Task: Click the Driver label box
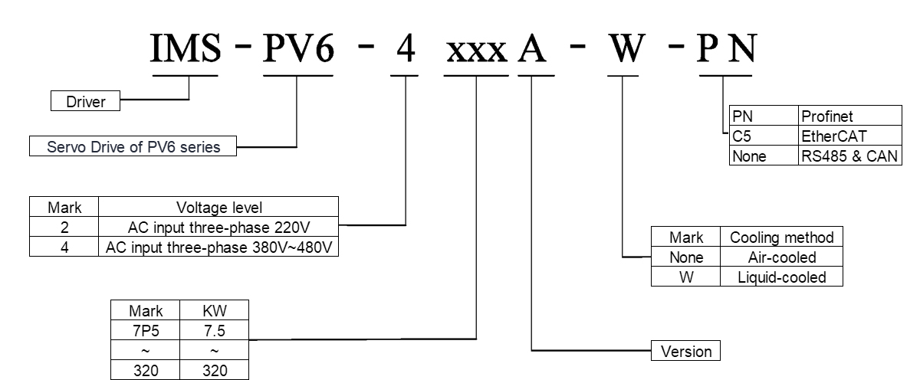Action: tap(85, 100)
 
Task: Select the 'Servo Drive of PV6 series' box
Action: tap(132, 146)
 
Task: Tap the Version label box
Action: tap(685, 352)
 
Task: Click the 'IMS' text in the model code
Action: tap(186, 51)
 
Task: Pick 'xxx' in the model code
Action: tap(476, 52)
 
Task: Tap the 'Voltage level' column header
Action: tap(219, 207)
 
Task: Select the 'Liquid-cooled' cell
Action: tap(781, 277)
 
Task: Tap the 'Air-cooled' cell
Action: tap(781, 257)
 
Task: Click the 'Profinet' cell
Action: tap(849, 117)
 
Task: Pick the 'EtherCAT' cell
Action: tap(849, 136)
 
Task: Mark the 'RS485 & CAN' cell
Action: tap(849, 156)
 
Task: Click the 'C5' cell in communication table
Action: tap(763, 136)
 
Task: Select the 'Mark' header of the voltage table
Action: tap(64, 207)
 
